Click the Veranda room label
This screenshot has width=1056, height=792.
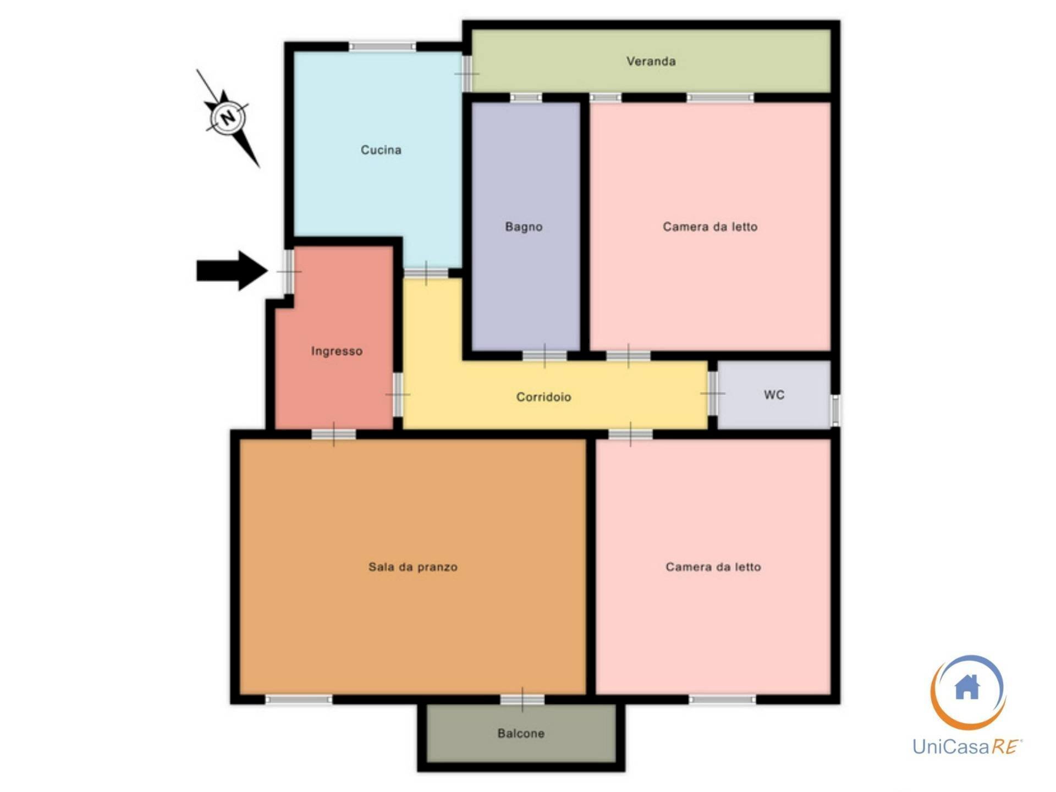651,61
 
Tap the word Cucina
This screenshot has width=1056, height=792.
381,150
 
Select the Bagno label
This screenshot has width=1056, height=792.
524,227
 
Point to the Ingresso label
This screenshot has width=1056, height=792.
337,351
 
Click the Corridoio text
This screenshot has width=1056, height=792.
543,397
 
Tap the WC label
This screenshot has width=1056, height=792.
774,394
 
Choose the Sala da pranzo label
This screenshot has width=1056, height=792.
413,566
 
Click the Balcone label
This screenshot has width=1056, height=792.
521,733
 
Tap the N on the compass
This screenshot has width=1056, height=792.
228,117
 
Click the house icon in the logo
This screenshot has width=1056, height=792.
967,686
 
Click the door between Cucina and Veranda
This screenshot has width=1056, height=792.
466,73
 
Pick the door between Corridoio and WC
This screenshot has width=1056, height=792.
712,393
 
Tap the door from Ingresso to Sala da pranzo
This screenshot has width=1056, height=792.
334,434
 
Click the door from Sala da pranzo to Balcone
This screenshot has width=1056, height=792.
522,700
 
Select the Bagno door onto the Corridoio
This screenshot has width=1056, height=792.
544,356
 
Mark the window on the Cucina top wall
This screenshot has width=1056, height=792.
382,47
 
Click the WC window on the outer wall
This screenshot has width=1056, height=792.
835,410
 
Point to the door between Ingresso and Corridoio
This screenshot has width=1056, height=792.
398,394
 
